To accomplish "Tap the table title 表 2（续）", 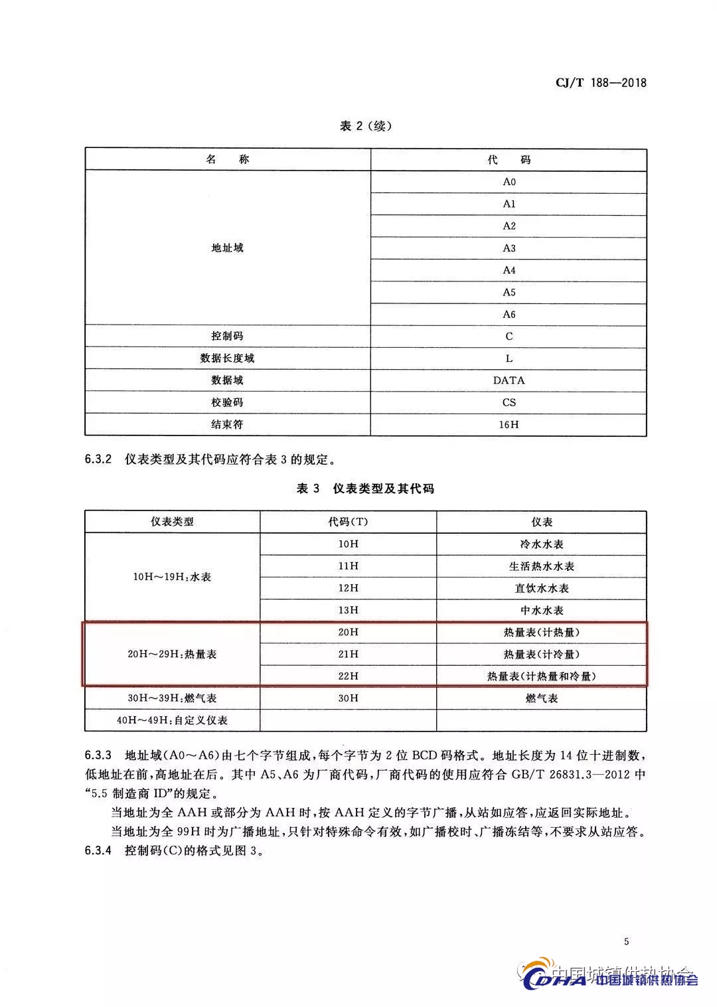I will [365, 126].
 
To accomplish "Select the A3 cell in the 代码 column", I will [509, 248].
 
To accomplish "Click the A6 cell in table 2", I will [509, 314].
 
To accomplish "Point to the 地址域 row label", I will [227, 248].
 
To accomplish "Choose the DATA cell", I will [509, 380].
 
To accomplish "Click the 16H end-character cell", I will [509, 424].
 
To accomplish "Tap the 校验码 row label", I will [227, 402].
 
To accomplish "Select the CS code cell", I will [509, 402].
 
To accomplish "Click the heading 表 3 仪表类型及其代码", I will [365, 489].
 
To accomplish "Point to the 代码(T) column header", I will [348, 522].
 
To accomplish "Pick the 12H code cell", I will [348, 588].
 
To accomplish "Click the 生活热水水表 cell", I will [541, 566].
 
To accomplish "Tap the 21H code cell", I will [348, 654].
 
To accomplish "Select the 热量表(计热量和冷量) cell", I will [541, 676].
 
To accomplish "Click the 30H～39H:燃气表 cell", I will [172, 698].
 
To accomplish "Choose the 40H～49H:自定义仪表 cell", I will [172, 720].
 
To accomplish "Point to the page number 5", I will [626, 941].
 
